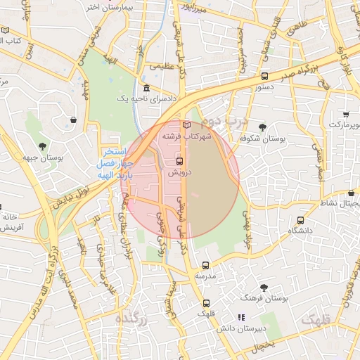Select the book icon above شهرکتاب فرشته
[x=186, y=124]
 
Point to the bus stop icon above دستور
[x=264, y=76]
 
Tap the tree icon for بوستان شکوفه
[x=262, y=127]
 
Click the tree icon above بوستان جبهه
[x=44, y=146]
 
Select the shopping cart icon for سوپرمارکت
[x=346, y=114]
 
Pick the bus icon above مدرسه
[x=205, y=265]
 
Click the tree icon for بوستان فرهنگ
[x=264, y=287]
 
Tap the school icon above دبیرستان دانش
[x=241, y=317]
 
